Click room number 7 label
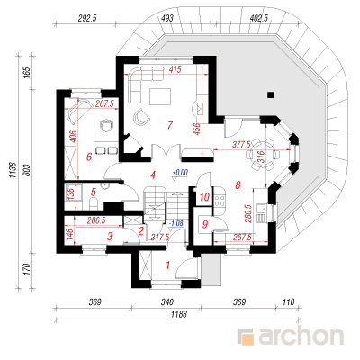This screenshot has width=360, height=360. [x=170, y=125]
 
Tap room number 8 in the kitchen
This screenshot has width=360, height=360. [x=238, y=185]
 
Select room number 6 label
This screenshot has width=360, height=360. [x=89, y=157]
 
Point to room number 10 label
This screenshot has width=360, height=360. [x=204, y=197]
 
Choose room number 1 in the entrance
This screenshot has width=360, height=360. [x=168, y=265]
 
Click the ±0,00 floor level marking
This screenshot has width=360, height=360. [x=180, y=173]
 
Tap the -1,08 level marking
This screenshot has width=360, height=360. [x=175, y=223]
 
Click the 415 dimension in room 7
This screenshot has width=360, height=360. [x=175, y=69]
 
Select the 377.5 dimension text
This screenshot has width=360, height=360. [x=241, y=145]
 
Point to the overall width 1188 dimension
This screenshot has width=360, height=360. [x=179, y=314]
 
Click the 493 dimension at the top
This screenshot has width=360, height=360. [x=167, y=18]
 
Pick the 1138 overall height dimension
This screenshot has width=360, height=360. [x=13, y=171]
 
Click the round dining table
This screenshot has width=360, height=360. [x=263, y=155]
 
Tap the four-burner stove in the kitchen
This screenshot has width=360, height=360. [x=220, y=201]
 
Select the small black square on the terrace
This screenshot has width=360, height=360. [x=271, y=95]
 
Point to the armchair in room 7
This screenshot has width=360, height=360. [x=141, y=116]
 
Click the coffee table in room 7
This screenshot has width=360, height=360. [x=160, y=96]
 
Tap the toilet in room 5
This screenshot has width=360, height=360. [x=94, y=203]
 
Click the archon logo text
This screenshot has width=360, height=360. [x=301, y=337]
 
